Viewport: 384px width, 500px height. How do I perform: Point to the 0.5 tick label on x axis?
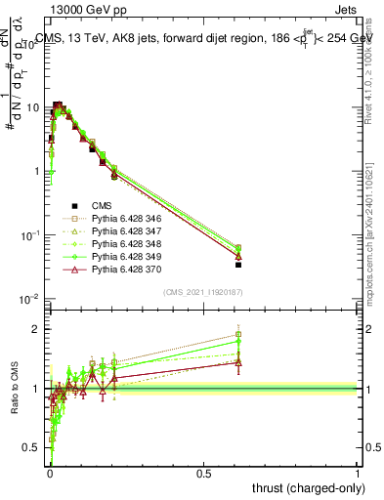point(203,474)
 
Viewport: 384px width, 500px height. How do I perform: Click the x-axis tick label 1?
point(358,474)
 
